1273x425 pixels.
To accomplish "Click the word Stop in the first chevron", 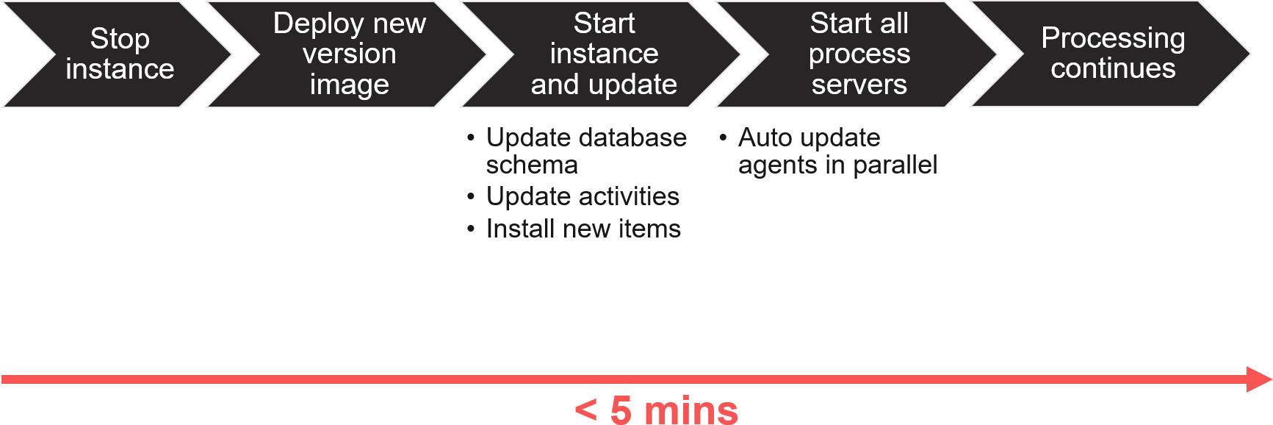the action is coord(120,39).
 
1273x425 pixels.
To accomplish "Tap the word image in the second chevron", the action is coord(349,85).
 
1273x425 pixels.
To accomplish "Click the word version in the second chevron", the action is coord(349,54).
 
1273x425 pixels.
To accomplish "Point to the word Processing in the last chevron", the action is coord(1113,39).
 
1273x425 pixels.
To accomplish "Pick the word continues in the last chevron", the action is coord(1113,68).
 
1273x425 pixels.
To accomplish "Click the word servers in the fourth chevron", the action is coord(859,85).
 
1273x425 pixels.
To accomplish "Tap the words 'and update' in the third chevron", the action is coord(604,85).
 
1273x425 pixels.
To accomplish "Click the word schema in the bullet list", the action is coord(532,165).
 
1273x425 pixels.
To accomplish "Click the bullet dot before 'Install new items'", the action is coord(471,229).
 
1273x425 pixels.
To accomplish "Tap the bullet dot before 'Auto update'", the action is coord(723,137).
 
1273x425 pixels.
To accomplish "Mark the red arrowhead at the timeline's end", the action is coord(1259,379).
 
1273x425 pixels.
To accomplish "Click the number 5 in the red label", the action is coord(621,410).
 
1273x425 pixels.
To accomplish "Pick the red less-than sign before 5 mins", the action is coord(585,410).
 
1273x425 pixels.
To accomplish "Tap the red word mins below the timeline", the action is coord(690,410).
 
